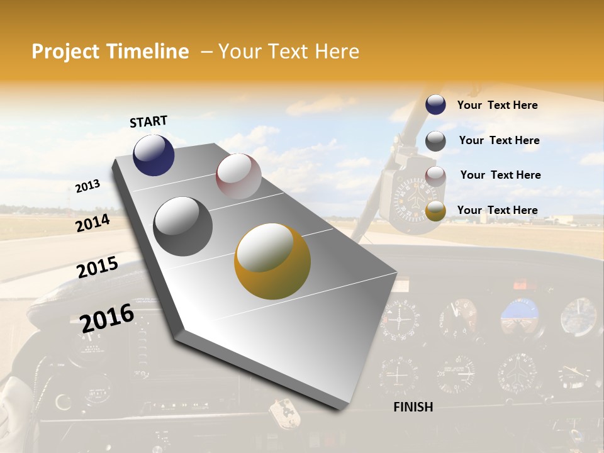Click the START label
tap(148, 121)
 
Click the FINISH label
tap(413, 407)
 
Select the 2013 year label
tap(87, 186)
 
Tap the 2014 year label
tap(92, 223)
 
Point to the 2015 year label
tap(98, 267)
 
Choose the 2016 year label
tap(107, 318)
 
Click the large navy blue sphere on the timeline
tap(154, 155)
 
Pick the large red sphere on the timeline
tap(238, 176)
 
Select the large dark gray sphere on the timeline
tap(183, 226)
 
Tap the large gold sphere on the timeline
tap(272, 261)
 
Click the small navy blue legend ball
tap(435, 105)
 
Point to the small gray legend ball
tap(435, 141)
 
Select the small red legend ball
tap(435, 176)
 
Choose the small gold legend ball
tap(435, 211)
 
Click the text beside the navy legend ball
tap(497, 105)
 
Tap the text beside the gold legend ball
tap(497, 210)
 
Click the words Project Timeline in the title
tap(110, 52)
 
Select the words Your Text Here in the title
tap(288, 52)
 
